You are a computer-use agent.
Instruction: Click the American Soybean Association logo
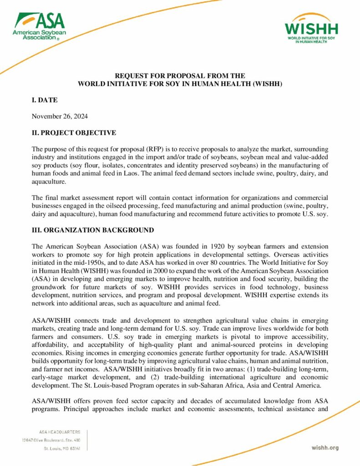(x=40, y=26)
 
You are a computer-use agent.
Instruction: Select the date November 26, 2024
(x=60, y=116)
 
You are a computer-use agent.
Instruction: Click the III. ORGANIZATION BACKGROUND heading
(x=92, y=230)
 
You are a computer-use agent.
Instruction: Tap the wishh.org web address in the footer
(x=325, y=448)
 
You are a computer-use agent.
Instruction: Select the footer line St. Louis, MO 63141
(x=62, y=449)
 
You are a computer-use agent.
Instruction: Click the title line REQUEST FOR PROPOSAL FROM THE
(x=180, y=76)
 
